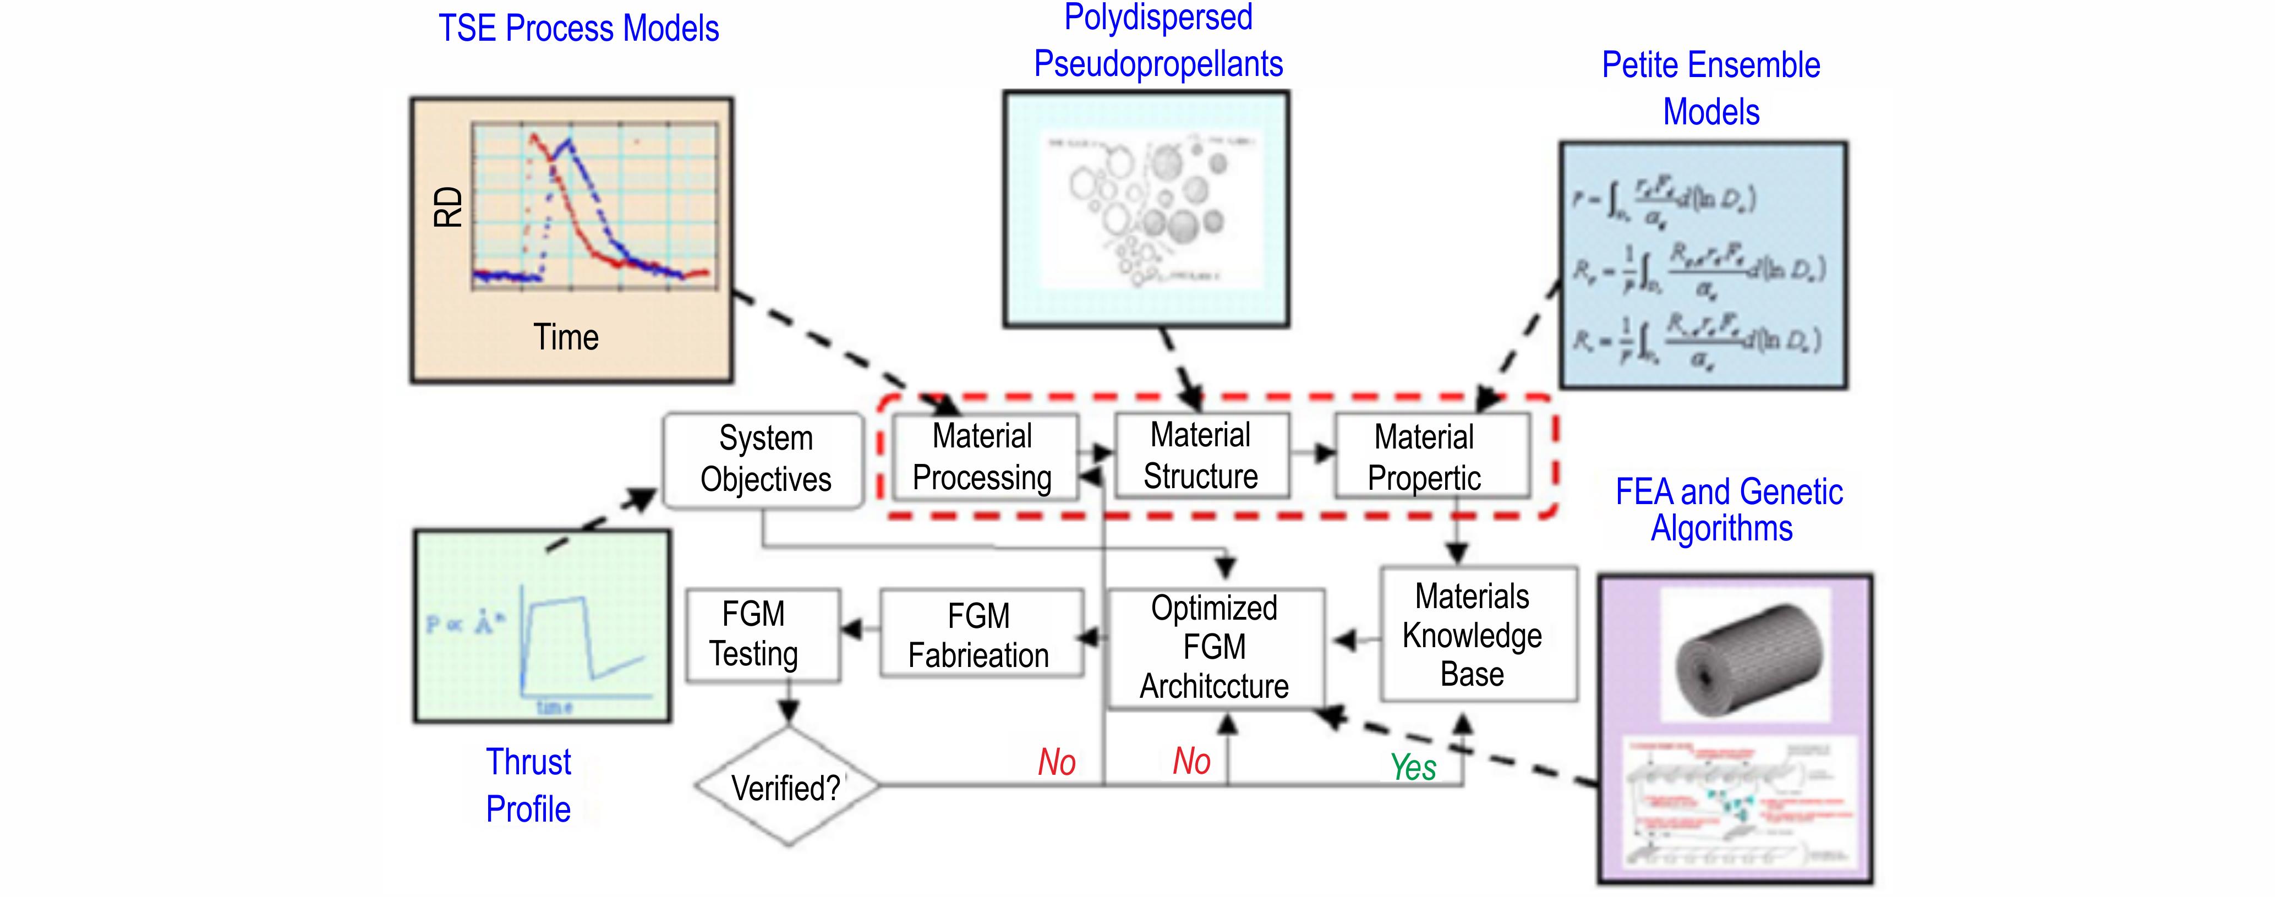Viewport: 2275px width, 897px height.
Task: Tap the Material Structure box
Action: (x=1201, y=456)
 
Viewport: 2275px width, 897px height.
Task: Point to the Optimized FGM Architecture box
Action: (x=1215, y=647)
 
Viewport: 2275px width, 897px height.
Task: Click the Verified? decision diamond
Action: (x=785, y=786)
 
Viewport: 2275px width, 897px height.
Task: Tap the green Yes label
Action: (x=1413, y=767)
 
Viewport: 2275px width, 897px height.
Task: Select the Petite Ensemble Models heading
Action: (x=1711, y=88)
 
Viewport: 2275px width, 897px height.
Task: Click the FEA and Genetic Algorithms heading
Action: (x=1727, y=510)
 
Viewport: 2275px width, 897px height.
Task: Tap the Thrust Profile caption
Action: (x=528, y=785)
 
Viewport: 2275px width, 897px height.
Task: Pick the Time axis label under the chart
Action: (x=566, y=337)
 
